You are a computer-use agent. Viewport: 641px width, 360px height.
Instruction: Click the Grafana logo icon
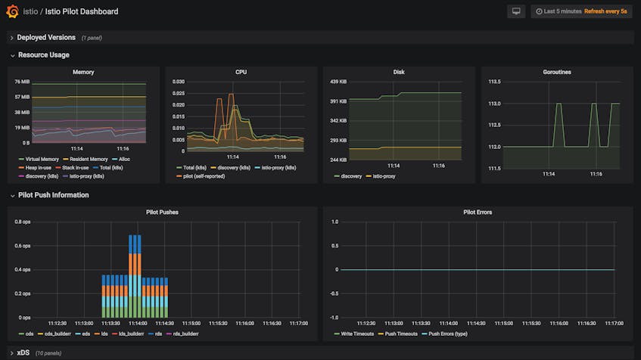coord(12,11)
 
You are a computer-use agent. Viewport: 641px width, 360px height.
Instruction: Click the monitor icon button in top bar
coord(516,11)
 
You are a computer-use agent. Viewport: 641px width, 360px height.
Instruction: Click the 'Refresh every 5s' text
coord(608,11)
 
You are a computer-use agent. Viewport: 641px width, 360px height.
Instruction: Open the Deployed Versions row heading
coord(46,37)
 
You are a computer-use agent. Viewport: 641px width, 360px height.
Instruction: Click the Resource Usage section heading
coord(43,55)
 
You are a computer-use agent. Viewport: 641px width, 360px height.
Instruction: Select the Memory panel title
coord(83,73)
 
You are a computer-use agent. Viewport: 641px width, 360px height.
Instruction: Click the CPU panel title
coord(241,73)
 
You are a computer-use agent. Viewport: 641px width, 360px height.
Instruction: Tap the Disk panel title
coord(399,73)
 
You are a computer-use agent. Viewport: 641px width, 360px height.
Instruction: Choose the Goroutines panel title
coord(557,73)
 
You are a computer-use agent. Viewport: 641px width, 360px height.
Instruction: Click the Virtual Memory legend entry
coord(42,160)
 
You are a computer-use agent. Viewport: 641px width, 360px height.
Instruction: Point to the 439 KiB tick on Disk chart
coord(338,82)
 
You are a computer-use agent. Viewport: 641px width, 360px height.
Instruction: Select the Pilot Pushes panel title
coord(162,213)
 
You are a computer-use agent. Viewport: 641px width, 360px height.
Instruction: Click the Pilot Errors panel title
coord(478,213)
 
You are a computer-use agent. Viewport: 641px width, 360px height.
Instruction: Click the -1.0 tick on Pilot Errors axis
coord(333,318)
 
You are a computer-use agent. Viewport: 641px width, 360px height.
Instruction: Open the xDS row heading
coord(23,352)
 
